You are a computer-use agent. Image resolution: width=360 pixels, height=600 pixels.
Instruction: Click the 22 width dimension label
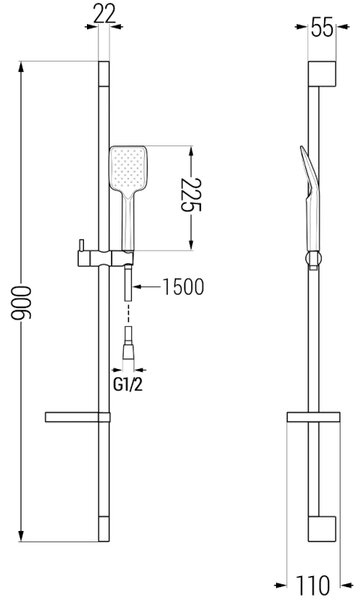(x=104, y=15)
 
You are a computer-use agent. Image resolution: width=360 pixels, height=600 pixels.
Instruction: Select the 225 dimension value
(x=191, y=195)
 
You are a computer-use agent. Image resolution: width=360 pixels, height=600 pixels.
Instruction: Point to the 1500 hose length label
(x=184, y=287)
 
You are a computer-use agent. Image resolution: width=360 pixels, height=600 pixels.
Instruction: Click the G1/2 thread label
(x=128, y=385)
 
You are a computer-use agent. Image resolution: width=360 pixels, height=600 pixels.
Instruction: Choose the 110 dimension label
(x=314, y=585)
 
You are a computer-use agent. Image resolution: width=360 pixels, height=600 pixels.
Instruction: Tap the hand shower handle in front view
(x=129, y=222)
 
